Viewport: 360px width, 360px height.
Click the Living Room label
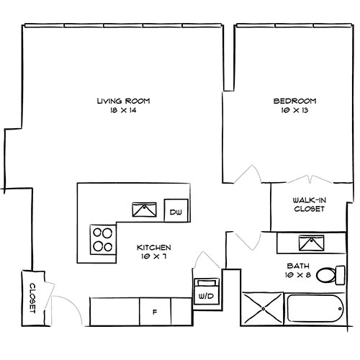tap(127, 101)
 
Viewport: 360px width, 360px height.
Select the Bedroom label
tap(295, 101)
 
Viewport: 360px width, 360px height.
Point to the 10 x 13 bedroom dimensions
tap(295, 111)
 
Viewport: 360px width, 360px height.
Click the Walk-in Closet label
tap(309, 204)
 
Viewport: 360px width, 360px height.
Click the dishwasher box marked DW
tap(176, 212)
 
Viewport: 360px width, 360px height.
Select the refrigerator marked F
tap(155, 312)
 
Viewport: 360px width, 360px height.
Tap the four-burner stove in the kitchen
tap(102, 238)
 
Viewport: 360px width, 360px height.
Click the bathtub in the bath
tap(315, 309)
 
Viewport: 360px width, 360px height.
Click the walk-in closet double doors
tap(307, 178)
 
